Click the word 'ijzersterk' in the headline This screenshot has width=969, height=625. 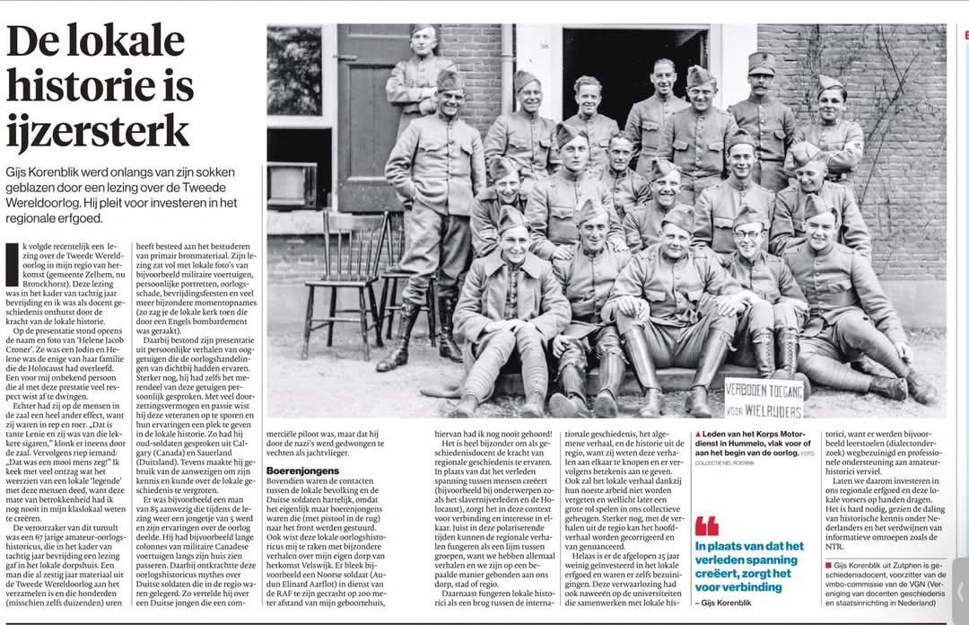click(x=98, y=131)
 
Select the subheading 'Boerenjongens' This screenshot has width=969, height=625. click(x=301, y=470)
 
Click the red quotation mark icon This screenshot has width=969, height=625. click(x=707, y=525)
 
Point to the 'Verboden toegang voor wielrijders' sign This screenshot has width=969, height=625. click(x=763, y=398)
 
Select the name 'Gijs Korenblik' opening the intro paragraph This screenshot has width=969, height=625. click(x=53, y=172)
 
